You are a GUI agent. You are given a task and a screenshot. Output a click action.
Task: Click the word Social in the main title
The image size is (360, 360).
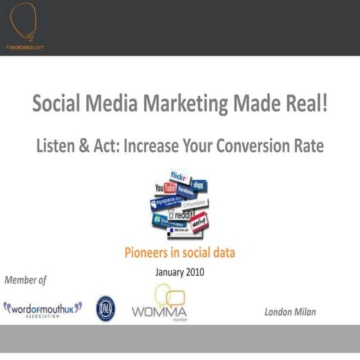click(x=60, y=103)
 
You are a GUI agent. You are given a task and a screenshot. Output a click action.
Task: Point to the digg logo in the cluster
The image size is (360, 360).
click(x=199, y=184)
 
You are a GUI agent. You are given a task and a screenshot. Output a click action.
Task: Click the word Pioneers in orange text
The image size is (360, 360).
click(x=149, y=252)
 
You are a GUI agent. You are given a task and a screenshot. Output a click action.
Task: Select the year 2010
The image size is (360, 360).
click(x=193, y=271)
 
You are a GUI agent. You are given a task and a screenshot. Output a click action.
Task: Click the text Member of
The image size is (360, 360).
click(x=25, y=280)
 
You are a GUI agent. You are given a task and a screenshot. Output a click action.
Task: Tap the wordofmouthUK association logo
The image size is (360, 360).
click(x=43, y=308)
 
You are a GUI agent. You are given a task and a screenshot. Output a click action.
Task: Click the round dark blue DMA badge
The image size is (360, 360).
click(x=106, y=308)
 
